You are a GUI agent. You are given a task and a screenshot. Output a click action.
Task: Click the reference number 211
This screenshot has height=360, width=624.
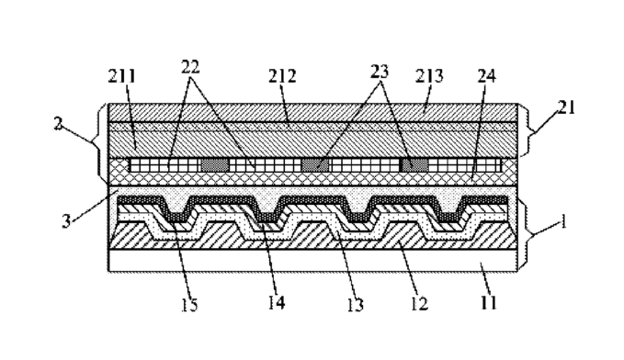(x=122, y=76)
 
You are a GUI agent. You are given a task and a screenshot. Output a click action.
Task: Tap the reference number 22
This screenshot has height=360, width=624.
(x=190, y=67)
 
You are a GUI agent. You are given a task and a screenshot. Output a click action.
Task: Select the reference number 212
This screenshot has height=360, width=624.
(x=282, y=76)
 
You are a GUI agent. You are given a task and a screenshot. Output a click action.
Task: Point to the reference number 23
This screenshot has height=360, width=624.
(x=380, y=72)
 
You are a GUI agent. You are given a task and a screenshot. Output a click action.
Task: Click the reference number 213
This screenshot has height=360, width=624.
(x=429, y=75)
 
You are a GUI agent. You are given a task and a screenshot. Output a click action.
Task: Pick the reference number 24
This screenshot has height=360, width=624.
(x=487, y=75)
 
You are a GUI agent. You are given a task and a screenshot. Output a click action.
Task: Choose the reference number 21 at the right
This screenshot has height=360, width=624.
(x=566, y=107)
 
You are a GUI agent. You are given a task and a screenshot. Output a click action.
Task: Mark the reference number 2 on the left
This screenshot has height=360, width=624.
(x=58, y=124)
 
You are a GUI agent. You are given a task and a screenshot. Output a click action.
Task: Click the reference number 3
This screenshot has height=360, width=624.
(x=66, y=221)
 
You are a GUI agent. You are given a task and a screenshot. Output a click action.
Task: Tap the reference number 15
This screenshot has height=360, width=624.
(x=189, y=305)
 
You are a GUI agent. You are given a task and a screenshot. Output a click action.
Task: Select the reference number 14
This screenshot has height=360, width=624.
(x=277, y=303)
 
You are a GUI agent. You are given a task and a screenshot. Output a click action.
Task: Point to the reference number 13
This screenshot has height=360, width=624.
(x=355, y=305)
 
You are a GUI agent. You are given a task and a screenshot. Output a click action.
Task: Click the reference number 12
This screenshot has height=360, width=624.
(x=419, y=304)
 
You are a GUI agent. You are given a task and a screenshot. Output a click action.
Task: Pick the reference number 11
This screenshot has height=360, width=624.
(x=488, y=303)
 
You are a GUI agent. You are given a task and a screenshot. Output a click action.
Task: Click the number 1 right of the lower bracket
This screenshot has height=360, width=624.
(x=562, y=221)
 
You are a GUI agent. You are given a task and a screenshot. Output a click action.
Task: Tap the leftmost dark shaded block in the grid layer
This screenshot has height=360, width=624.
(x=215, y=164)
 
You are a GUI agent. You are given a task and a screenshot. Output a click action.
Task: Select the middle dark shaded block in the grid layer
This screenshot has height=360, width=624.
(x=315, y=164)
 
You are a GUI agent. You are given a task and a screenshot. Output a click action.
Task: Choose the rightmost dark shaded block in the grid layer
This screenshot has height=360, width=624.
(x=414, y=164)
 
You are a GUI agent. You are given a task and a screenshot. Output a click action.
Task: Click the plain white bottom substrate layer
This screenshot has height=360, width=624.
(x=312, y=261)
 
